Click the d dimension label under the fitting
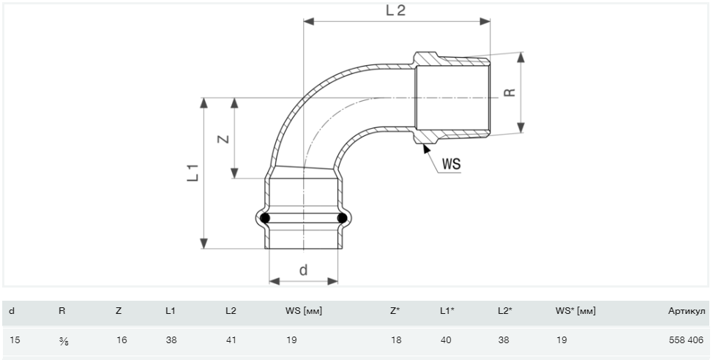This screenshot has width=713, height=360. (x=303, y=270)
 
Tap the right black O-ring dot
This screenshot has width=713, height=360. (x=341, y=217)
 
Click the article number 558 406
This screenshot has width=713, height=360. (x=686, y=340)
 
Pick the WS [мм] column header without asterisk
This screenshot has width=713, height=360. (x=303, y=312)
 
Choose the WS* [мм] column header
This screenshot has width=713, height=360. (x=575, y=312)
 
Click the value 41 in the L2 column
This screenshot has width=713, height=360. (x=231, y=340)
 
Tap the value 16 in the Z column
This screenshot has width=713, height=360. (x=121, y=340)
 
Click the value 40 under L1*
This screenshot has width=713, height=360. (x=445, y=340)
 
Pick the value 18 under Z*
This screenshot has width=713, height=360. (x=395, y=340)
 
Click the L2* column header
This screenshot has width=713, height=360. (x=504, y=312)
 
